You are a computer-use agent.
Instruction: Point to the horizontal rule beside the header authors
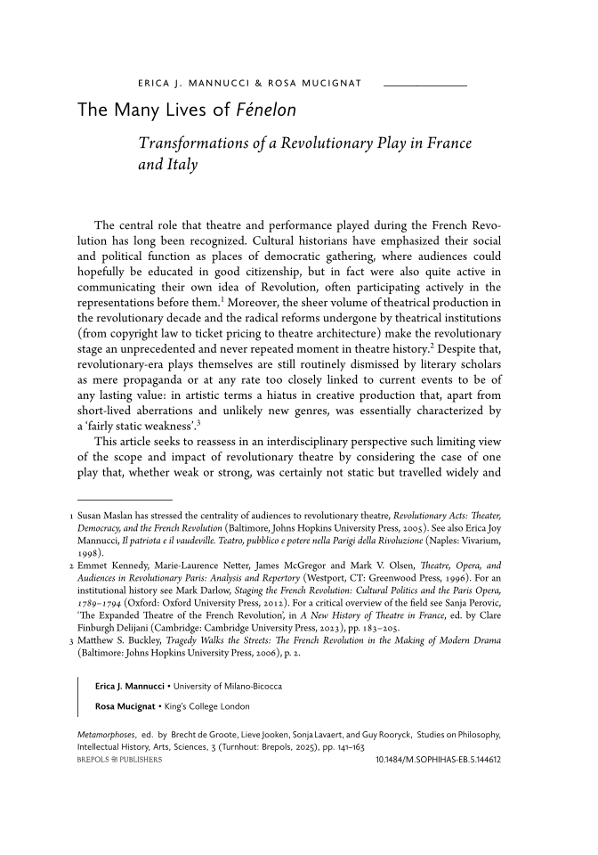tap(424, 85)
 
